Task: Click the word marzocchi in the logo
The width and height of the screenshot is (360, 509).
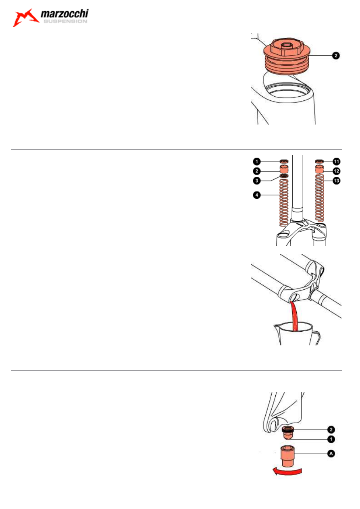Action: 65,14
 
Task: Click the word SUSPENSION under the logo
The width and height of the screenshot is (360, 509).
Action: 65,21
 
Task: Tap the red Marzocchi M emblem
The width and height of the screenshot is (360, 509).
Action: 25,18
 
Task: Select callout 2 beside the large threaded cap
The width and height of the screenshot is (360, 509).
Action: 336,56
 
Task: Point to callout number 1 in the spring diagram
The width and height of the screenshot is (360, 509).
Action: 256,162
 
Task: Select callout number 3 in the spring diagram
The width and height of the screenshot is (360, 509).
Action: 256,181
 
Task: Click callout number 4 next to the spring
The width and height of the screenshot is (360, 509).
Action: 256,195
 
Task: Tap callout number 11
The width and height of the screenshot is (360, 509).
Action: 336,162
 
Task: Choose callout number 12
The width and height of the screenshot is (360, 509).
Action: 336,171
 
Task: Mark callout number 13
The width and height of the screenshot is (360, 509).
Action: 336,181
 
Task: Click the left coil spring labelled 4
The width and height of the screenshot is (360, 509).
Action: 284,202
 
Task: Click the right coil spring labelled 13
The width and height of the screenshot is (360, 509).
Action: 319,198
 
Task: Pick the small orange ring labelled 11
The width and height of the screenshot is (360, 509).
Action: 319,161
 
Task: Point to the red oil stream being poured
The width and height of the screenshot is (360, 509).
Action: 294,316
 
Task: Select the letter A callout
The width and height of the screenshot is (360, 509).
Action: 331,454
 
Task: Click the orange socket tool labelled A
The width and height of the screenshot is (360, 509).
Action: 287,456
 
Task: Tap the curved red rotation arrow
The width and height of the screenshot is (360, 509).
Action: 287,472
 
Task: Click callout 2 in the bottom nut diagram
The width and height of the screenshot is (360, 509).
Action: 331,430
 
